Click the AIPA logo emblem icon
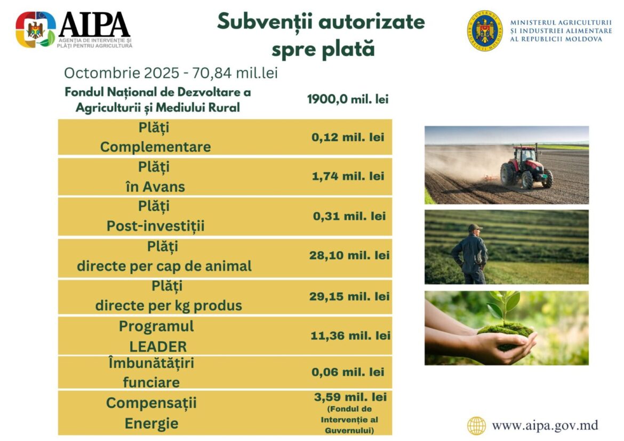(36, 29)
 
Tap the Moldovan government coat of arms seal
(485, 30)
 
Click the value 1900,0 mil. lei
(348, 99)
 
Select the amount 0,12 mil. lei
(348, 138)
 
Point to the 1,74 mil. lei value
(348, 176)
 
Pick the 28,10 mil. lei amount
(349, 255)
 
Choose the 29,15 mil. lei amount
(349, 296)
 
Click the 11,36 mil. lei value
(350, 335)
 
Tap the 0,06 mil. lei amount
(348, 372)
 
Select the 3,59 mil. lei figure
(350, 397)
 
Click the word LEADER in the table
(158, 347)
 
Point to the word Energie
(151, 423)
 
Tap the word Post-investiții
(156, 226)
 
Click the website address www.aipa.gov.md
(545, 426)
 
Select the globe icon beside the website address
(476, 426)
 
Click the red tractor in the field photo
(526, 166)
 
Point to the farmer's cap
(475, 228)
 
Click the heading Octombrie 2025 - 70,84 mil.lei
(171, 73)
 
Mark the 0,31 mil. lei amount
(349, 216)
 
